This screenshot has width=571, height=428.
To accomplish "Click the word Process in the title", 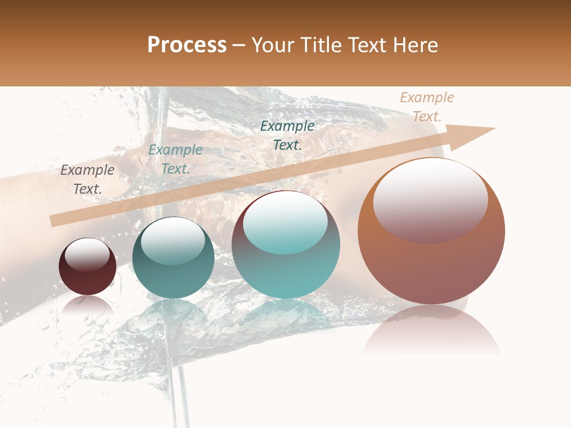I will [x=187, y=45].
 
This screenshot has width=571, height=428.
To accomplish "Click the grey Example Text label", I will [x=87, y=180].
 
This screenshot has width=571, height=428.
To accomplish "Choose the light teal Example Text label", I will [x=175, y=159].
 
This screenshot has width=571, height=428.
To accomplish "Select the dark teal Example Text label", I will [x=287, y=135].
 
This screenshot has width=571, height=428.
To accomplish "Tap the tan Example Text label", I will [x=427, y=106].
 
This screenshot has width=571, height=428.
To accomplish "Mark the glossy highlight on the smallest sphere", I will [x=87, y=254].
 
